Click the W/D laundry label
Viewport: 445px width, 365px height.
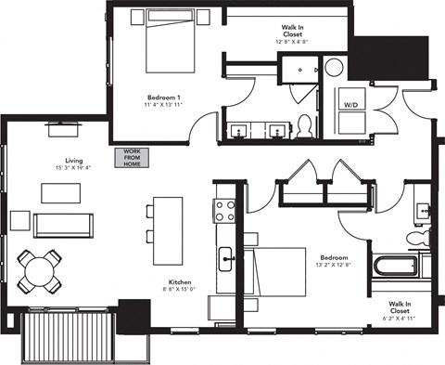click(x=350, y=106)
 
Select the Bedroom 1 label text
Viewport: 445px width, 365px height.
click(x=163, y=98)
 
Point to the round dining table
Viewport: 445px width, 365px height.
click(x=41, y=270)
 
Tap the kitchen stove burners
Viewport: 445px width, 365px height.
click(x=223, y=211)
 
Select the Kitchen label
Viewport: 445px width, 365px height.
click(x=180, y=282)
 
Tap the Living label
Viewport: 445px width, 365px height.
click(x=61, y=159)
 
